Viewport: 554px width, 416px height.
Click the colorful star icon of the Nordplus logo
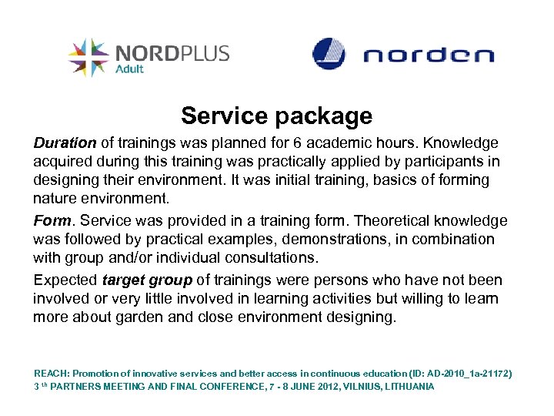88,58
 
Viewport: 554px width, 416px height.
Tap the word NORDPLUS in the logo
172,53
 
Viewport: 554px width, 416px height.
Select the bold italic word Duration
65,143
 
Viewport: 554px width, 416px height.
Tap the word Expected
65,280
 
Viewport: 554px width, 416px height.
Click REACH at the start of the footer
51,374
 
